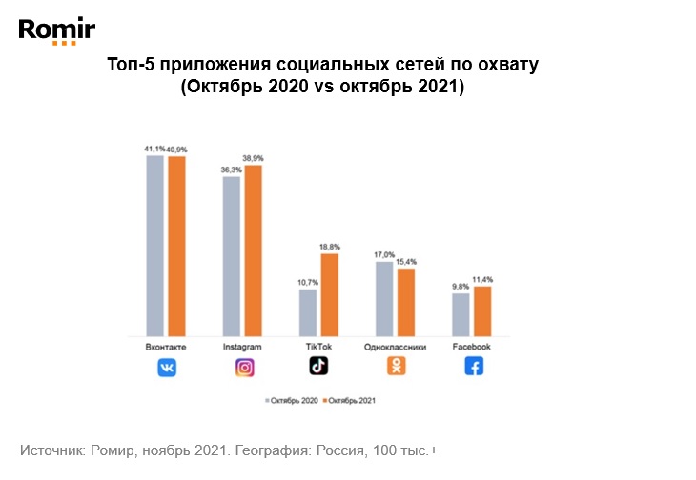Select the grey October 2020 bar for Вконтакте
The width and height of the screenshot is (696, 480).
point(155,246)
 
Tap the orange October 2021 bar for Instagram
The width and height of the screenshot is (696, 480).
point(253,250)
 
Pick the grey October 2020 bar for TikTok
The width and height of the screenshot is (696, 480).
point(308,312)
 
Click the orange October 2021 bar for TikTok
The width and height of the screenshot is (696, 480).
point(329,294)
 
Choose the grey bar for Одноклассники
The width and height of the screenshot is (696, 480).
point(384,298)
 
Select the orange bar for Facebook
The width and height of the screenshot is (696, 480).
point(481,310)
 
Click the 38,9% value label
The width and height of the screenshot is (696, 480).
point(254,157)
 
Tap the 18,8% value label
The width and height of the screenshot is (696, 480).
point(330,246)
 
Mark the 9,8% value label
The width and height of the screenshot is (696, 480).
point(460,286)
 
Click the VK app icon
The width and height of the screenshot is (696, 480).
point(167,367)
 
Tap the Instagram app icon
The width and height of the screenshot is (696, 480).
point(243,367)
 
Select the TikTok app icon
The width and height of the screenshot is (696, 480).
point(318,367)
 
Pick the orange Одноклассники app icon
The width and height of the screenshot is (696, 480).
point(395,367)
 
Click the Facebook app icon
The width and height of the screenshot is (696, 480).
point(472,367)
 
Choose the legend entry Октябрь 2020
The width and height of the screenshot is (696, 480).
point(291,401)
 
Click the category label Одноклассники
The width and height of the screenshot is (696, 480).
point(395,347)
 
